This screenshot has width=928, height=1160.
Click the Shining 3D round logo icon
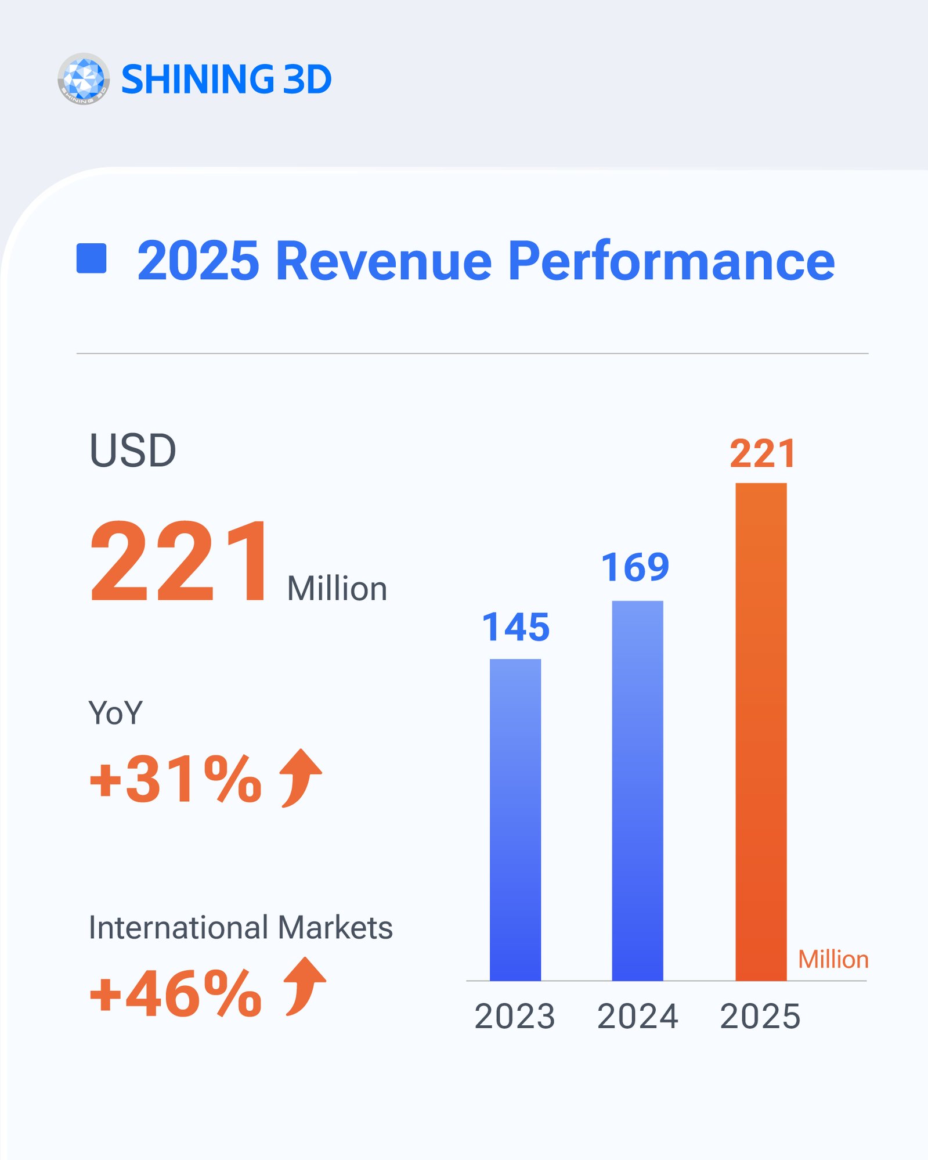pos(84,79)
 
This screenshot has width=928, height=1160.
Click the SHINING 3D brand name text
pos(226,80)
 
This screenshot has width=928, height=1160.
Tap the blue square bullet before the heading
pos(92,258)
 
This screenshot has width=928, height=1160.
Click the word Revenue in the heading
pos(384,261)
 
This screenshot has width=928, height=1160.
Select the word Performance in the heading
pos(671,261)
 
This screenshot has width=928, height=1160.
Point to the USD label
pos(132,451)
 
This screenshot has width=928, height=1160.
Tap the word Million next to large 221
pos(337,589)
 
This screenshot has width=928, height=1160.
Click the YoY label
pos(115,713)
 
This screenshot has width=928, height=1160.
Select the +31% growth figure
pos(176,779)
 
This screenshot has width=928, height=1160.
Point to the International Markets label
pos(240,927)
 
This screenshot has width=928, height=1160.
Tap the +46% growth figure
pos(176,994)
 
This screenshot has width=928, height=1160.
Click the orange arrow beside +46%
pos(304,986)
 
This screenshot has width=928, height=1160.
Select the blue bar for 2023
pos(515,819)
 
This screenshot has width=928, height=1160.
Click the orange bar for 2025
pos(761,732)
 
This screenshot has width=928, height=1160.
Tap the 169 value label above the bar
pos(635,567)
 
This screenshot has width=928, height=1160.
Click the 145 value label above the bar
pos(515,628)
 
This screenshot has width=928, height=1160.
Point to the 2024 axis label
pos(637,1017)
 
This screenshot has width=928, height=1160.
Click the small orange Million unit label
pos(833,960)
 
